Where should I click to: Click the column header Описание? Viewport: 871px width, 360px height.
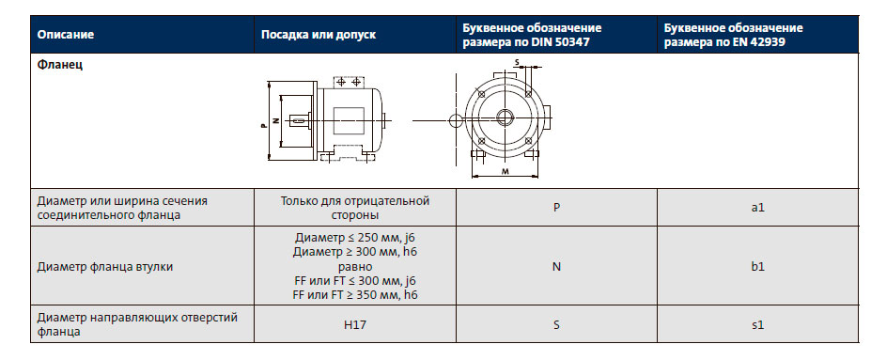[x=66, y=35]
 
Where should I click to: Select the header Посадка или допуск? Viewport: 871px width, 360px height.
[x=318, y=35]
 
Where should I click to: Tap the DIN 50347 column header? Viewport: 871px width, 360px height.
[x=532, y=35]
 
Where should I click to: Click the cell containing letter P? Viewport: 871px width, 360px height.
[x=556, y=207]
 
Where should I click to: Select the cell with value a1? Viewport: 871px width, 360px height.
[x=757, y=207]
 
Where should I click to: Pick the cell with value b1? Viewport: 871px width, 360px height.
[x=757, y=266]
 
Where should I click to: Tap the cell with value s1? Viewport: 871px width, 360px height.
[x=757, y=324]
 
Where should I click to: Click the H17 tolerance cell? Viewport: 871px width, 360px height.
[x=355, y=324]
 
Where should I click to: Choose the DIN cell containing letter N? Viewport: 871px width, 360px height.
[x=556, y=266]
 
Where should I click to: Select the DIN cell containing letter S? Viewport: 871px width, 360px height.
[x=556, y=324]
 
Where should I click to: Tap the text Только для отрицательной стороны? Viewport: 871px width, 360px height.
[x=355, y=207]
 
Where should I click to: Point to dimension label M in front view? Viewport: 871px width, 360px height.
[x=505, y=172]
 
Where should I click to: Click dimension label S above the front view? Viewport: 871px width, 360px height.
[x=516, y=63]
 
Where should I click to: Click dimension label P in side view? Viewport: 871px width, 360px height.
[x=262, y=121]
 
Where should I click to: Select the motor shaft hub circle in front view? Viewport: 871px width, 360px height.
[x=505, y=117]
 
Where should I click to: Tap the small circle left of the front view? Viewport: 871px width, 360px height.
[x=456, y=119]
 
